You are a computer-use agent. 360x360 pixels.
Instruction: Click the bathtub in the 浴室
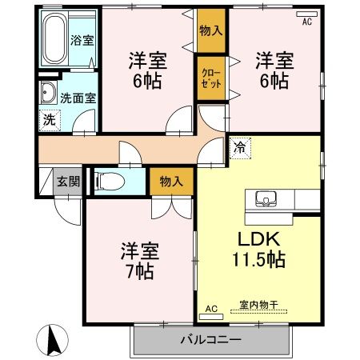click(54, 38)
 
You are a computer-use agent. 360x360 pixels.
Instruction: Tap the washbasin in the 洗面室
click(48, 92)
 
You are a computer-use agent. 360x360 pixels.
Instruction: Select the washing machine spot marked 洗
click(50, 121)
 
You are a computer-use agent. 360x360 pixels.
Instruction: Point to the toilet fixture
click(110, 182)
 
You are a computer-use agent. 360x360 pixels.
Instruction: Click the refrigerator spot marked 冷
click(240, 148)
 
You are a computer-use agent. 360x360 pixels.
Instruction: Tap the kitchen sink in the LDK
click(266, 199)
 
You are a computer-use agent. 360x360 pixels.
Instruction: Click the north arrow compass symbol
click(53, 340)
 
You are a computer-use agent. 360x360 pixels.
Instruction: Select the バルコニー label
click(210, 340)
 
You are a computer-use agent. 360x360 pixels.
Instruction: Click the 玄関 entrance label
click(69, 182)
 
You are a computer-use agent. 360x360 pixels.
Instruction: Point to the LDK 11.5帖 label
click(258, 250)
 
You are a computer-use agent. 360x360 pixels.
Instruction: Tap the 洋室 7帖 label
click(140, 261)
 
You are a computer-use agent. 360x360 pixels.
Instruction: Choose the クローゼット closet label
click(211, 78)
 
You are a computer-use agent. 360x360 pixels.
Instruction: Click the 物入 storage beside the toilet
click(171, 182)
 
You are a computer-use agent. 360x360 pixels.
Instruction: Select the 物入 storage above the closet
click(211, 30)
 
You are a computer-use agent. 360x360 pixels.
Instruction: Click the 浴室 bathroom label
click(82, 40)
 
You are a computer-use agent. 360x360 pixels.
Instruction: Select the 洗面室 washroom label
click(78, 98)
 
